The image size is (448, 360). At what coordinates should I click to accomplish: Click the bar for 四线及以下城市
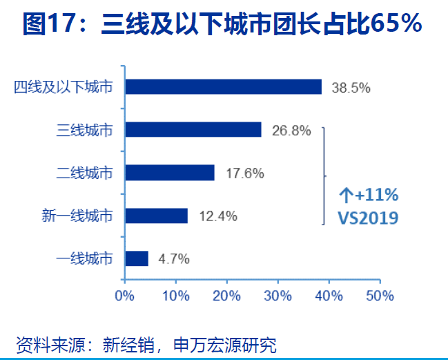tap(223, 86)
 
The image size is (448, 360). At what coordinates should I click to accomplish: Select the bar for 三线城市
tap(193, 129)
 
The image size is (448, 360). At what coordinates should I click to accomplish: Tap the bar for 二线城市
tap(170, 172)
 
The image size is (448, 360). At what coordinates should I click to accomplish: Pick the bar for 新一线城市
tap(157, 216)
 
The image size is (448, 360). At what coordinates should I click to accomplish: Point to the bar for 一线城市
tap(137, 258)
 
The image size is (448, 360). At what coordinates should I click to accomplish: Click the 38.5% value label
tap(351, 88)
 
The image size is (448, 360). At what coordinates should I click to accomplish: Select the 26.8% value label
tap(291, 131)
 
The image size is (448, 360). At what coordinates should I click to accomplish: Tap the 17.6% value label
tap(244, 173)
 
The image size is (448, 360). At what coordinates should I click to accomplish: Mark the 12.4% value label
tap(217, 217)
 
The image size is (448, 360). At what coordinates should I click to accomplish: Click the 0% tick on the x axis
tap(124, 296)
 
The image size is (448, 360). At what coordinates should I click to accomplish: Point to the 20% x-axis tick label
tap(226, 296)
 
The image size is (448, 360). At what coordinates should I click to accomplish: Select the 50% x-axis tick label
tap(379, 296)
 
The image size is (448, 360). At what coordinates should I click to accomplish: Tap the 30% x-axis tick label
tap(277, 296)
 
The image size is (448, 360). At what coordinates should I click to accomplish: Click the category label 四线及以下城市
tap(63, 87)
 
